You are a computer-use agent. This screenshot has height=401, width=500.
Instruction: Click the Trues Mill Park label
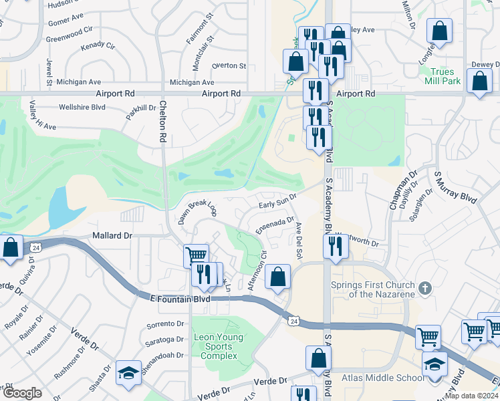pyautogui.click(x=443, y=76)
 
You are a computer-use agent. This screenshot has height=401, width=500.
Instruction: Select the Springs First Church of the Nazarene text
pyautogui.click(x=370, y=289)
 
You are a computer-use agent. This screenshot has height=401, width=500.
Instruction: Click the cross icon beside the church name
pyautogui.click(x=423, y=289)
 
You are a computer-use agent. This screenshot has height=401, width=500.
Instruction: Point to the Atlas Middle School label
pyautogui.click(x=382, y=378)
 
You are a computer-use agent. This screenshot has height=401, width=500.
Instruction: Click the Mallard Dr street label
pyautogui.click(x=112, y=236)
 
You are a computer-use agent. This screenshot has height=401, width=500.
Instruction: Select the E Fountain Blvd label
pyautogui.click(x=182, y=299)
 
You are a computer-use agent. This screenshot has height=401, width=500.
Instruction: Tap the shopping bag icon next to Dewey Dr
pyautogui.click(x=481, y=82)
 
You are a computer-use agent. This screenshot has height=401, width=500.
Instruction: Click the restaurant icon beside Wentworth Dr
pyautogui.click(x=335, y=245)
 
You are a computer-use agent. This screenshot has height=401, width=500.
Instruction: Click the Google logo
pyautogui.click(x=21, y=393)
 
